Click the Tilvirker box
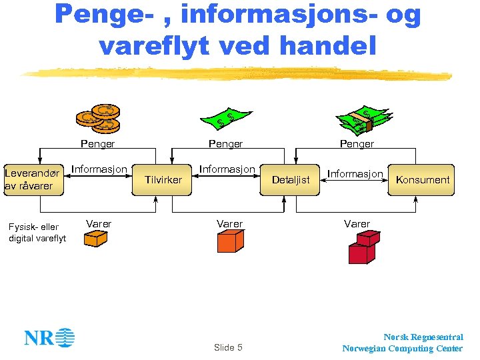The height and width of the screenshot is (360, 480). coord(163,180)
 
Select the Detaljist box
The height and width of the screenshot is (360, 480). coord(291,180)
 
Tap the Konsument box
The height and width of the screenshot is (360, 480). coord(423,180)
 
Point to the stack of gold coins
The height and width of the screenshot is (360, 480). coord(98,118)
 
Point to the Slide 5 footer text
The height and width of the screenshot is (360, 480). coord(228,347)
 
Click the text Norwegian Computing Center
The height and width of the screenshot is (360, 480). coord(402,348)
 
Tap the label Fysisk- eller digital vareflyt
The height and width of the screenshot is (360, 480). coord(37,233)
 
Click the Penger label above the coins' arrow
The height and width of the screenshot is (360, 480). coord(97,143)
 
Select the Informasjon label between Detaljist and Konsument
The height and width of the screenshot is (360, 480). coord(355,174)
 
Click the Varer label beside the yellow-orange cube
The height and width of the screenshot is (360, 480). coord(99,223)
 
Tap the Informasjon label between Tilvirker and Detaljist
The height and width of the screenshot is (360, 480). coord(227,169)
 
